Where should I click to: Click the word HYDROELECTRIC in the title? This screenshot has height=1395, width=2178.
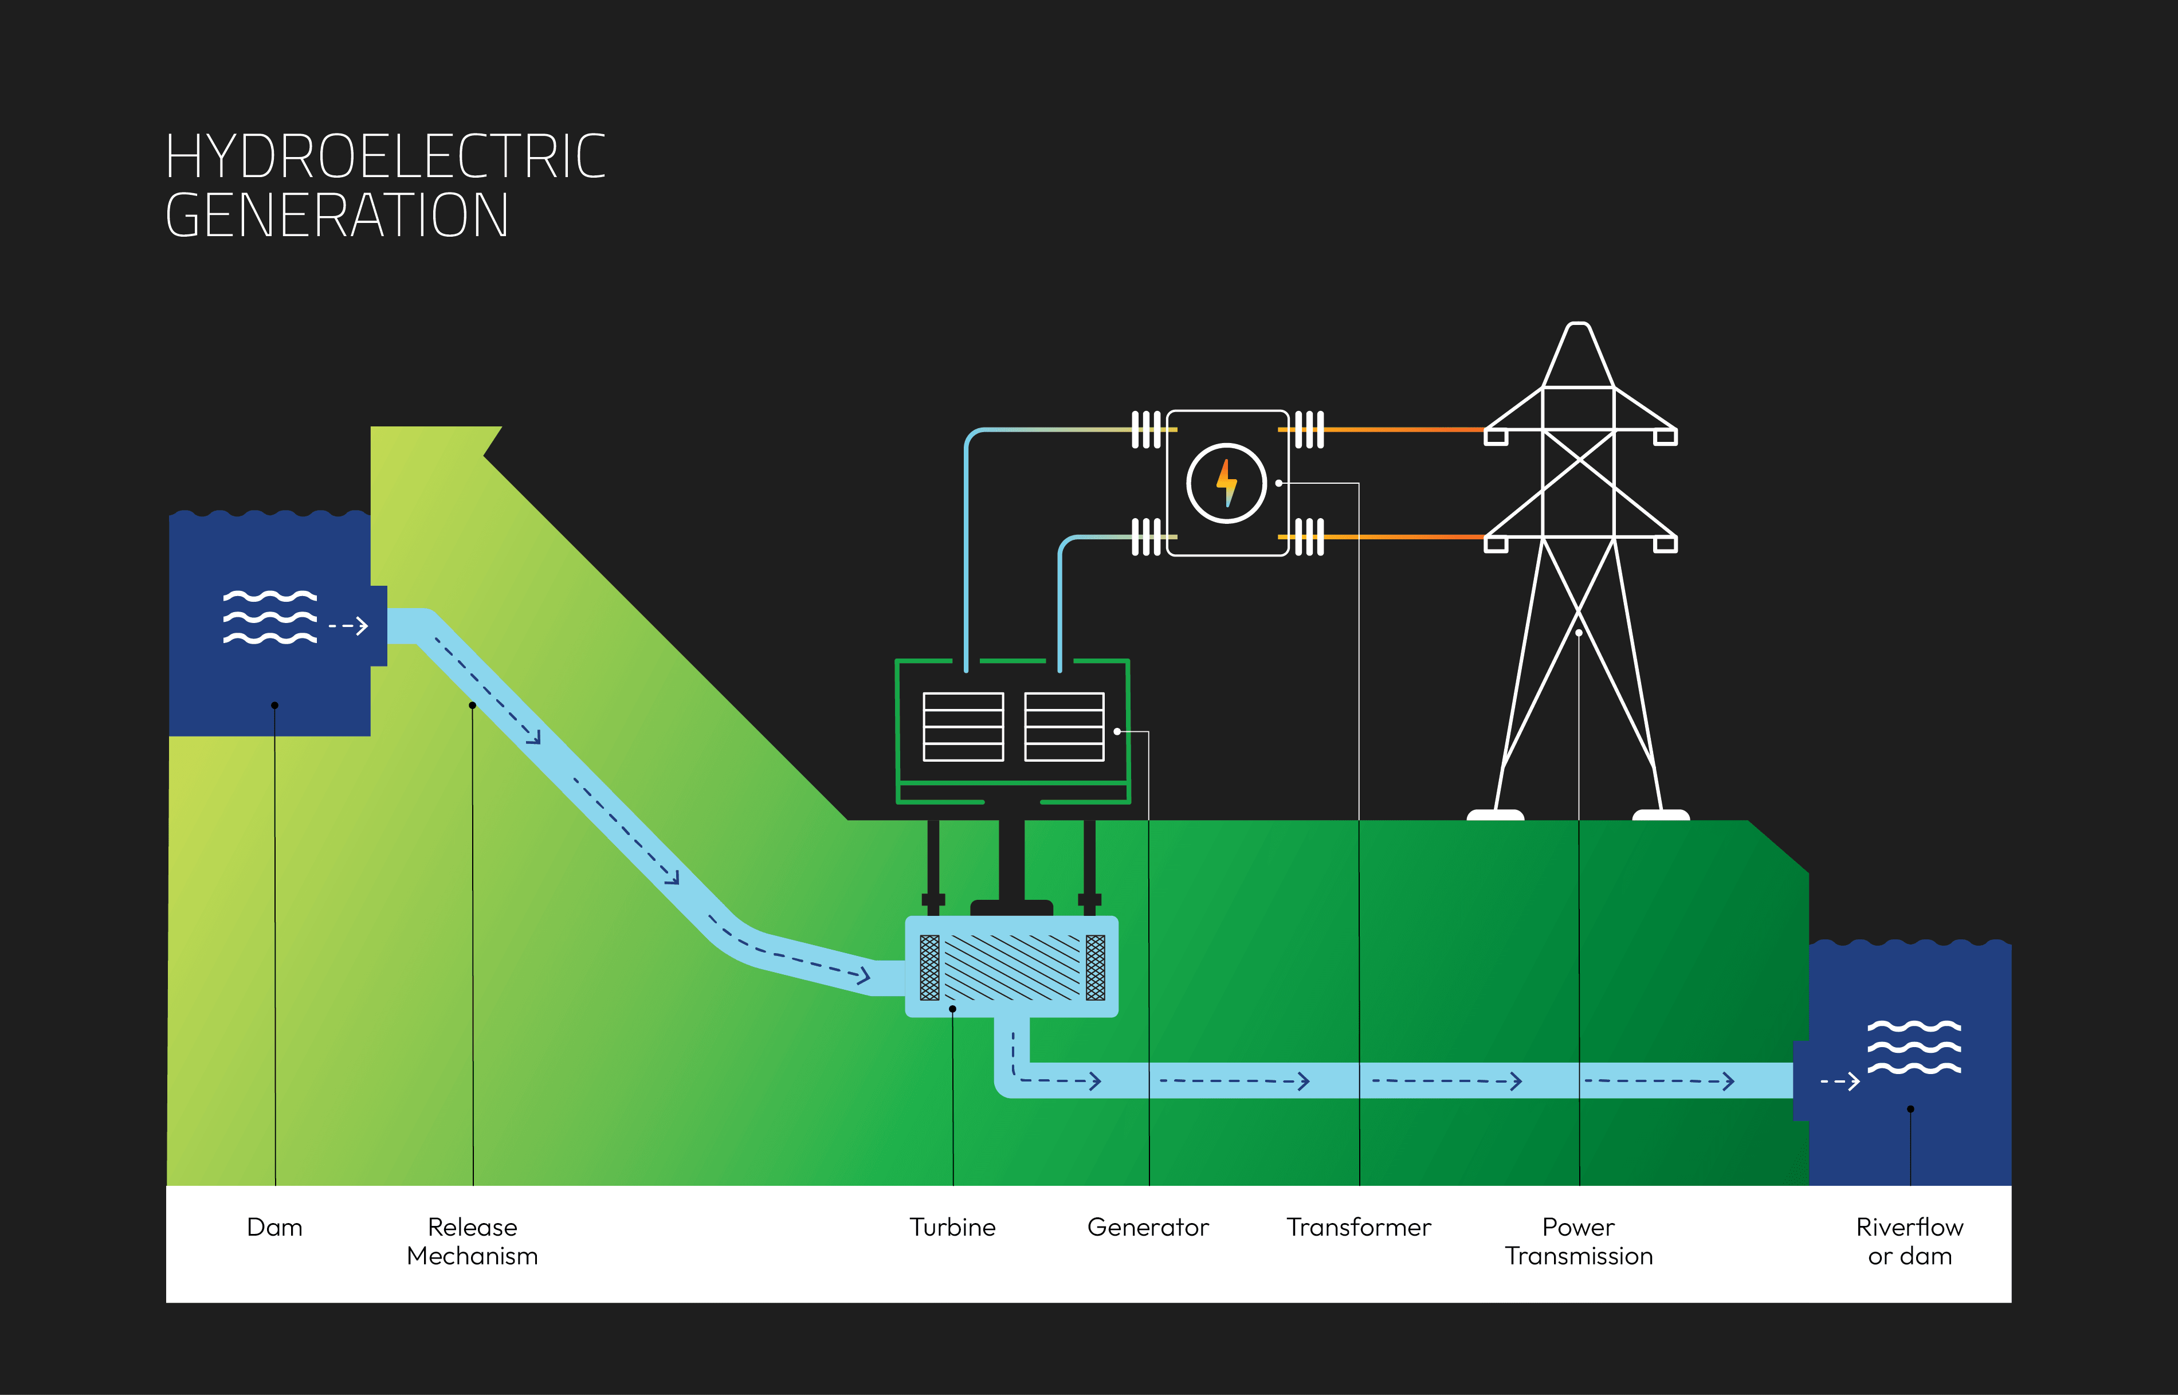pos(385,156)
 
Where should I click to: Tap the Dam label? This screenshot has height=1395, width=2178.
pos(274,1228)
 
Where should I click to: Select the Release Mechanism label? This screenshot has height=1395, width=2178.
pos(472,1242)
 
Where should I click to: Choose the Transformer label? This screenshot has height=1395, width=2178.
pos(1359,1228)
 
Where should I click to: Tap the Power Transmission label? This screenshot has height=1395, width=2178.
pos(1579,1242)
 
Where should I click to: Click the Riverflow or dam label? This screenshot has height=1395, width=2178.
pos(1909,1242)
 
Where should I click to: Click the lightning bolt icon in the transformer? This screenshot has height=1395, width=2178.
pos(1226,483)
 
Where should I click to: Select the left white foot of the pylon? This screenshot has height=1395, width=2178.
pos(1495,815)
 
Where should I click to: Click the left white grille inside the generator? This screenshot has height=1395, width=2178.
pos(963,727)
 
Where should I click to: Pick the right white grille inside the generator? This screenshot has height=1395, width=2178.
pos(1064,727)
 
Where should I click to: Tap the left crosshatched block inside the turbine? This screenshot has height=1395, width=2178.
pos(929,967)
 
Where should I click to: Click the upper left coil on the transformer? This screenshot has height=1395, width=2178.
pos(1145,429)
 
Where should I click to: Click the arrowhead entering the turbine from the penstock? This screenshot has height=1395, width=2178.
pos(865,975)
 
